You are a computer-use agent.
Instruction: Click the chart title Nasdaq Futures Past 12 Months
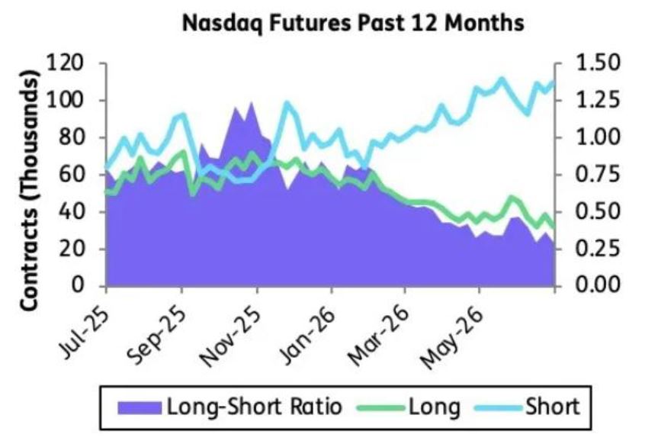353,24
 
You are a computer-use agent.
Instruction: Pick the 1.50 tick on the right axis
596,63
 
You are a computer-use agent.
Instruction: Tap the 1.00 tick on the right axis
596,137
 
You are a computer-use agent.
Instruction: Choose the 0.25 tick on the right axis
596,249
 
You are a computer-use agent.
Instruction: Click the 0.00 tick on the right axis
596,285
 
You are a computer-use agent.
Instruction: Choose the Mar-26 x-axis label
378,336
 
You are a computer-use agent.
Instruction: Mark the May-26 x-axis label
451,338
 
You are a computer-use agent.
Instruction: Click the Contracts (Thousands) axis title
29,191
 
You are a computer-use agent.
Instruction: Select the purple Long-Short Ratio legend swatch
140,408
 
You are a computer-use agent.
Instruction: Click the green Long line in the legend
380,408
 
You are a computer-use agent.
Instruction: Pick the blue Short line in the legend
498,408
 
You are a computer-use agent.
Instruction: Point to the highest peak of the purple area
252,102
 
